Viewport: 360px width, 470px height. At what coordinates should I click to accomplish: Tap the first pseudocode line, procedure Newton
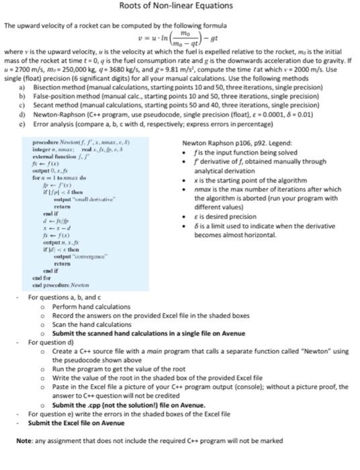pos(73,144)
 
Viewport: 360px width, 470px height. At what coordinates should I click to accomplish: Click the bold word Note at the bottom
pos(24,440)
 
